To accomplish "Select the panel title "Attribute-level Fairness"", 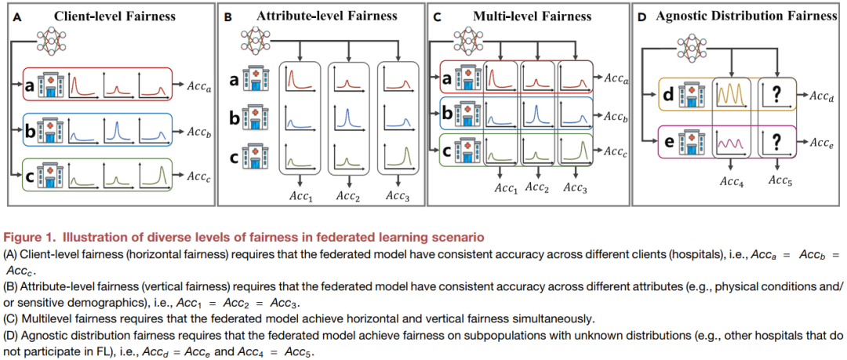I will click(327, 16).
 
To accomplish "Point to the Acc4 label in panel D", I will click(732, 182).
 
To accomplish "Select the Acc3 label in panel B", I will click(398, 195).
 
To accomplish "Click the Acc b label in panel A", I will click(198, 131).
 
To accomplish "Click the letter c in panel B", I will click(234, 156).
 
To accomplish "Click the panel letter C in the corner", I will click(436, 16).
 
